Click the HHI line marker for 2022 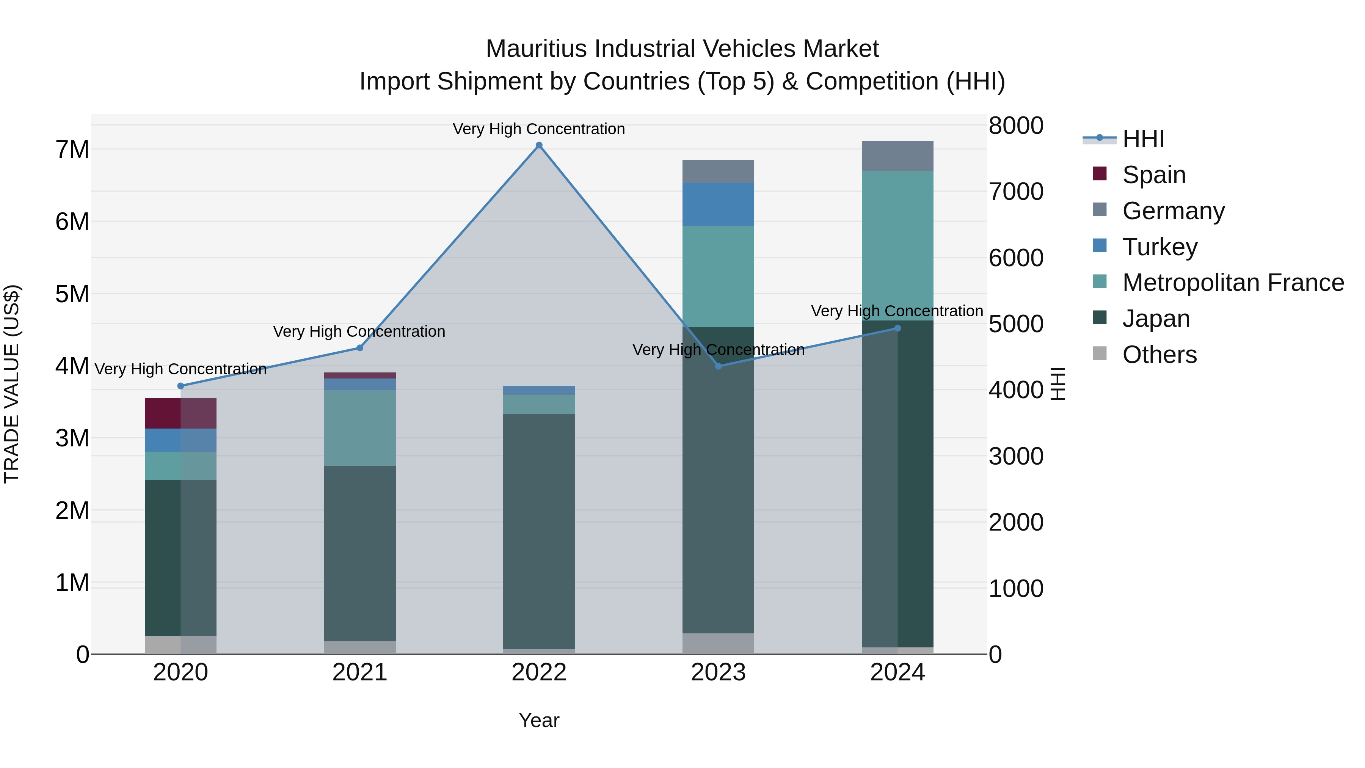539,145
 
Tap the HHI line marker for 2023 719,366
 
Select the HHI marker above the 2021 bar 360,348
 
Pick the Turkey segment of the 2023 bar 718,204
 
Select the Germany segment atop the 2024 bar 897,156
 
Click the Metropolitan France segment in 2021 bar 360,428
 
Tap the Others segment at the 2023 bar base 718,644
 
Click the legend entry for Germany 1173,211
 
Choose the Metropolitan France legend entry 1233,283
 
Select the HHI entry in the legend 1143,139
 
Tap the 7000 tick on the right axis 1016,192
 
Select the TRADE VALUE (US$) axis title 12,384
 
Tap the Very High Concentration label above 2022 539,129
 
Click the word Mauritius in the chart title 536,49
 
